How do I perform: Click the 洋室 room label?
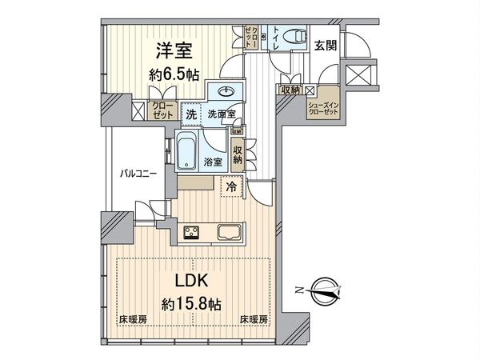pos(172,49)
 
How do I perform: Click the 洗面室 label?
pos(220,114)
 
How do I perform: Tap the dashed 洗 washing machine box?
pos(190,114)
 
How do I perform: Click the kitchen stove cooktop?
pos(194,233)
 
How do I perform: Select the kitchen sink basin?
pos(227,233)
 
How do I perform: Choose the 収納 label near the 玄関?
pos(290,90)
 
